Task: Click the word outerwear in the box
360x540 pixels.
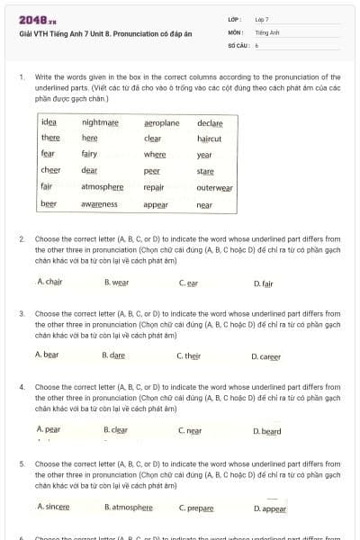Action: click(x=214, y=188)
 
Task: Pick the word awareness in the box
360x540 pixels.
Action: click(x=99, y=204)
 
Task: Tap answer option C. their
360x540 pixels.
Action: click(x=189, y=355)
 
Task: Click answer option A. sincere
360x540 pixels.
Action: click(x=53, y=507)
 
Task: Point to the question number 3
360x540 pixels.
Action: click(x=22, y=313)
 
